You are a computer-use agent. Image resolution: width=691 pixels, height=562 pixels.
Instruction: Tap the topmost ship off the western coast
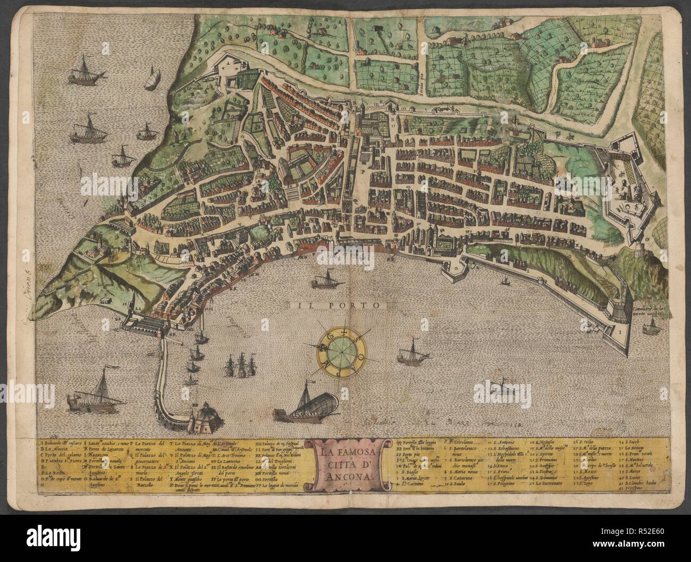tap(87, 69)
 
